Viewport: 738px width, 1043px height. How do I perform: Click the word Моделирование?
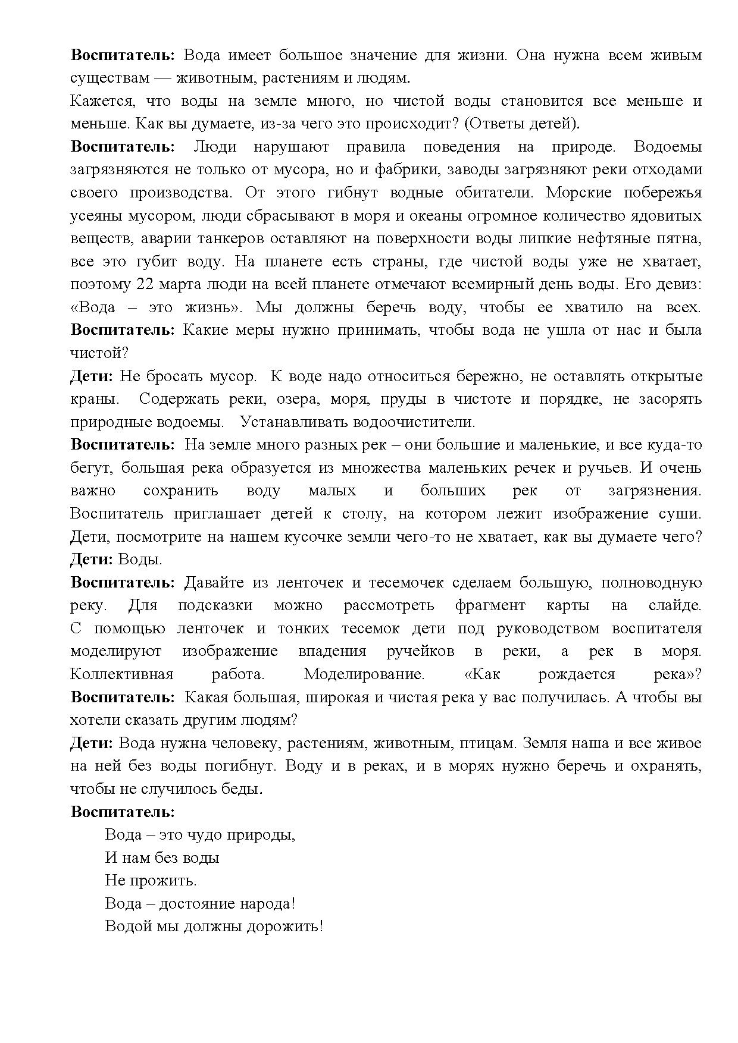point(364,674)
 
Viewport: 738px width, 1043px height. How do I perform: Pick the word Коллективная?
point(121,674)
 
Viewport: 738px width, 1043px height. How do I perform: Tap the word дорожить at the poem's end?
point(289,926)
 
